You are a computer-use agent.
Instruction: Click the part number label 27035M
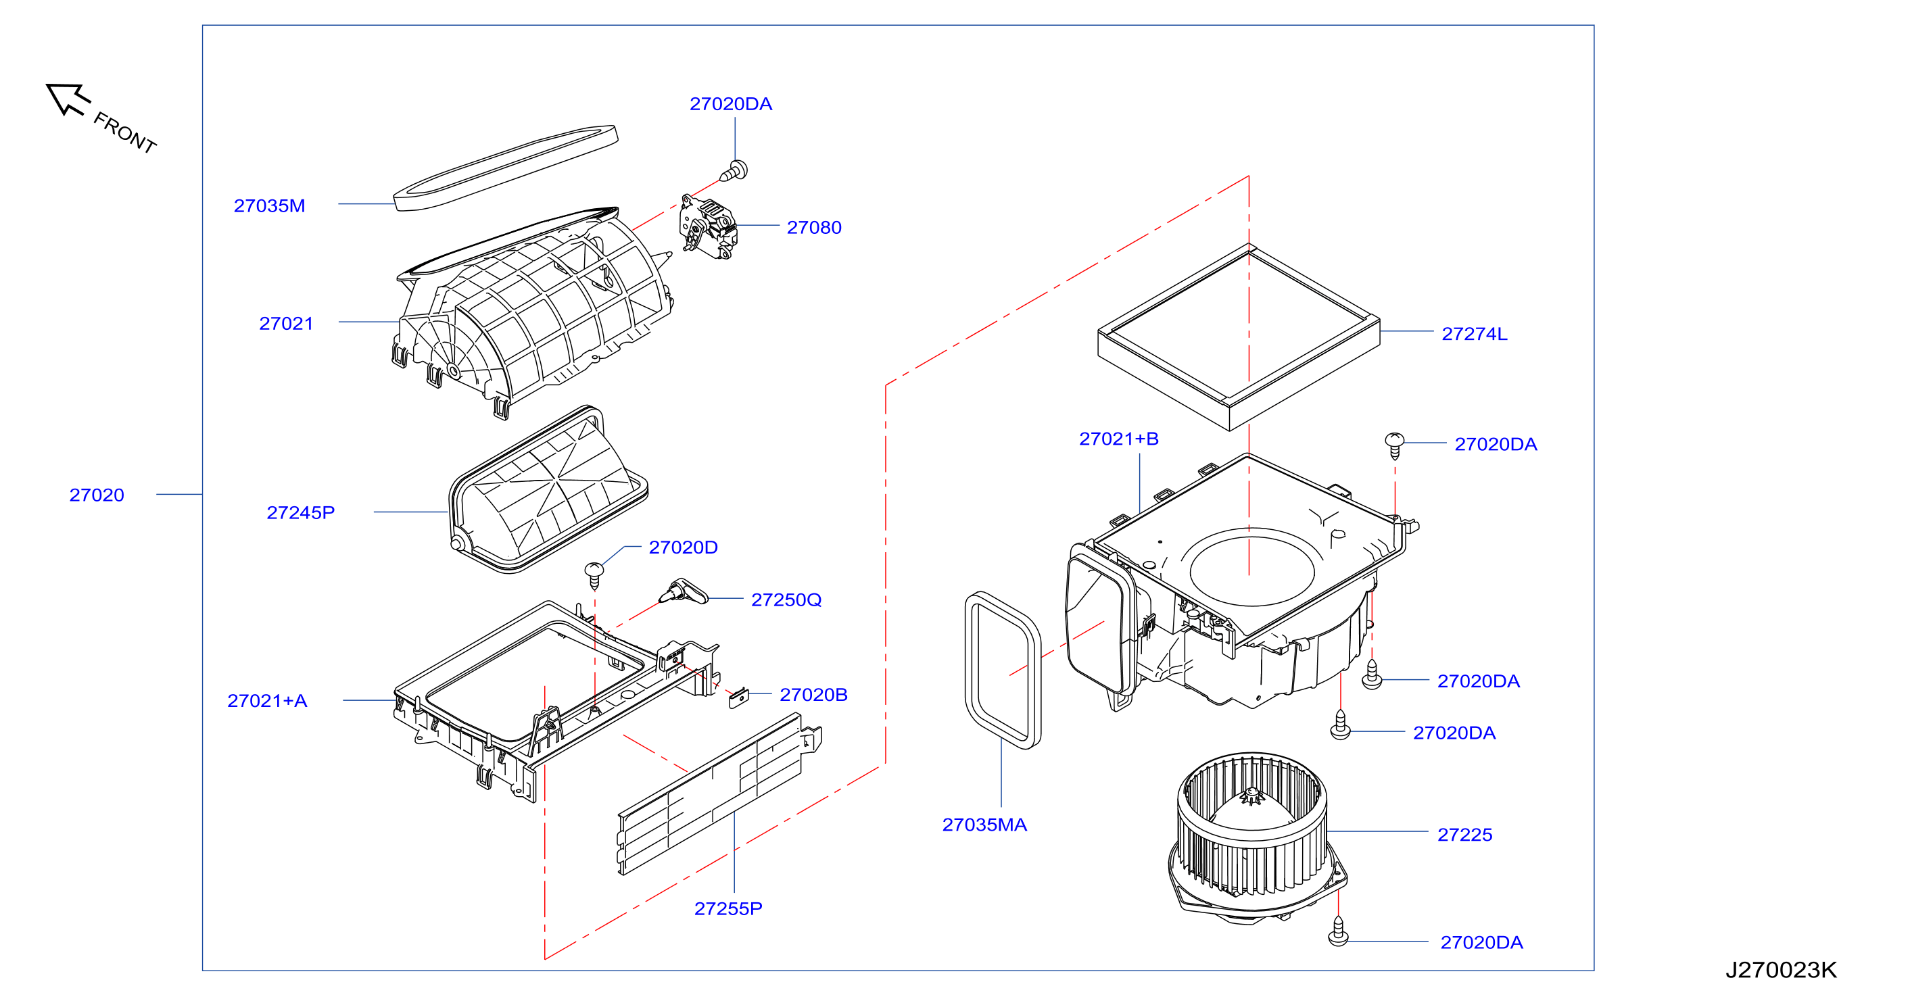coord(269,205)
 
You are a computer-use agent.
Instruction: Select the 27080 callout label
coord(814,227)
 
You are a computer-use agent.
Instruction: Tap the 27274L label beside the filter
coord(1474,334)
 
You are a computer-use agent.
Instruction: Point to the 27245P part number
coord(300,512)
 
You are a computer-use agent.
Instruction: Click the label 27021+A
coord(267,700)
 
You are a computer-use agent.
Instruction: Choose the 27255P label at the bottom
coord(728,908)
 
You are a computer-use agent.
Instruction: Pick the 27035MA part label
coord(984,825)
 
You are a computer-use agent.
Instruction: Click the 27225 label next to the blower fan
coord(1464,834)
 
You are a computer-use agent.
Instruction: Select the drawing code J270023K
coord(1781,970)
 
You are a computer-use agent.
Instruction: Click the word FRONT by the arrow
coord(125,132)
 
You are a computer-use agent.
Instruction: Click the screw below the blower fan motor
coord(1338,932)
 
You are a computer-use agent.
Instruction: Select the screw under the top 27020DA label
coord(734,171)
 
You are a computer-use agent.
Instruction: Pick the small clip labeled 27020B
coord(739,698)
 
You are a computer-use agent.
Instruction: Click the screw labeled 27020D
coord(595,575)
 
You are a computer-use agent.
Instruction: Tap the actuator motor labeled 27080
coord(708,227)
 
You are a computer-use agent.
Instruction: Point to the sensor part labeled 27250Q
coord(683,591)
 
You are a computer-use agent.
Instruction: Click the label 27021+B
coord(1119,439)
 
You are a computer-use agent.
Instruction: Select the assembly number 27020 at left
coord(97,495)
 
